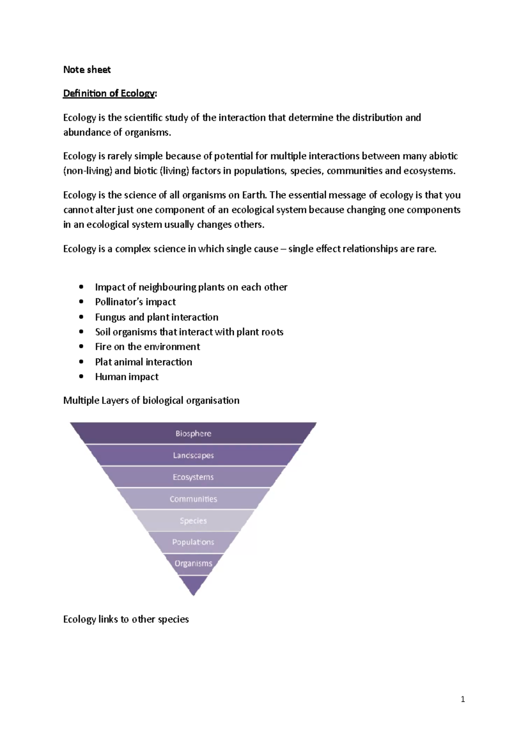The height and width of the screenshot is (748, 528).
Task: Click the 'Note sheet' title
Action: pos(87,70)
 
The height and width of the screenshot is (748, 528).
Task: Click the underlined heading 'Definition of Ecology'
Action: pos(110,93)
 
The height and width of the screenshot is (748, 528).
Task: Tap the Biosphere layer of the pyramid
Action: pos(193,433)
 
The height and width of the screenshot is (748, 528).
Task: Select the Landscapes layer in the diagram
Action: pos(193,455)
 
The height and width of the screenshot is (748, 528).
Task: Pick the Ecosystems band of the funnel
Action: pos(193,477)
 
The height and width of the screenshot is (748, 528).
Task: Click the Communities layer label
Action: pos(193,499)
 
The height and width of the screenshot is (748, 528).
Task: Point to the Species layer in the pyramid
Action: pos(193,521)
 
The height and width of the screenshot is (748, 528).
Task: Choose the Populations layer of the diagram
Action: pos(193,542)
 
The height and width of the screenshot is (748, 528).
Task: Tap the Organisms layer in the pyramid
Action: pos(193,563)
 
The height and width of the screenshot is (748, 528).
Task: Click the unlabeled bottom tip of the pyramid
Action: pos(193,584)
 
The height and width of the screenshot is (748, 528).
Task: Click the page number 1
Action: pos(462,699)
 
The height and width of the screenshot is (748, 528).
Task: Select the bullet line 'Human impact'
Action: pos(127,377)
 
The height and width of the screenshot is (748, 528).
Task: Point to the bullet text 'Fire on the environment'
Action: pos(147,347)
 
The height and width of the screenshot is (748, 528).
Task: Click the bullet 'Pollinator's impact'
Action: pos(135,302)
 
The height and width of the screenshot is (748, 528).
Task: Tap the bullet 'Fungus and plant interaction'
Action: pos(157,317)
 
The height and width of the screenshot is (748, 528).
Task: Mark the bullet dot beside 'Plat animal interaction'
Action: pos(81,362)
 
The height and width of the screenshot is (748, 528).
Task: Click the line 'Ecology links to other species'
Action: pos(126,619)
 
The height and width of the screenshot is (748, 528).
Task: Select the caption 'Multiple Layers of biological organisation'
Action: pos(151,400)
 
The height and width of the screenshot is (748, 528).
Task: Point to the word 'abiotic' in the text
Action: pos(444,156)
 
